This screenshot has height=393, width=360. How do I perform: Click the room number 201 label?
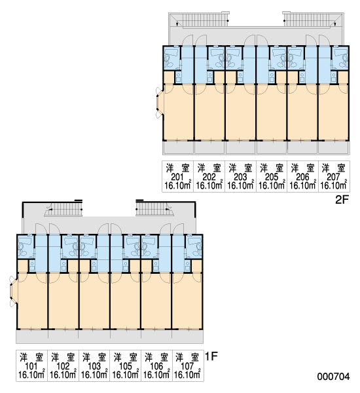click(177, 177)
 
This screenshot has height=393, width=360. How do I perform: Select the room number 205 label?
click(272, 177)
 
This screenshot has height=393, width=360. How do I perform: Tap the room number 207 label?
click(333, 177)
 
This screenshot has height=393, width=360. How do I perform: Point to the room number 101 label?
click(31, 366)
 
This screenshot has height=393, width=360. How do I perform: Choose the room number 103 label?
click(94, 366)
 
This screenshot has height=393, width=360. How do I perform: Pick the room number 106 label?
click(156, 366)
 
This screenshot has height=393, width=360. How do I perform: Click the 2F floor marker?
click(342, 200)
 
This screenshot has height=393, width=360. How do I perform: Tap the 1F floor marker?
click(211, 356)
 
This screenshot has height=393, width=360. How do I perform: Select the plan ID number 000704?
click(333, 377)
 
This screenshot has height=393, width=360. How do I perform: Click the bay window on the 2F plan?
click(159, 103)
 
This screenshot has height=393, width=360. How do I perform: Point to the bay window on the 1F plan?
click(13, 291)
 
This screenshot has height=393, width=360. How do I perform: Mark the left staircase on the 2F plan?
click(205, 20)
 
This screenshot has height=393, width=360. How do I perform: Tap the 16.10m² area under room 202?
click(209, 186)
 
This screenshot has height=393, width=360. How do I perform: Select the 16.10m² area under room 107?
click(187, 375)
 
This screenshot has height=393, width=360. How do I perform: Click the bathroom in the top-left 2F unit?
click(172, 58)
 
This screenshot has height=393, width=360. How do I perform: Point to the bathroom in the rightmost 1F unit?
click(194, 246)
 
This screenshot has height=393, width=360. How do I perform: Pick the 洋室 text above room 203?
click(240, 168)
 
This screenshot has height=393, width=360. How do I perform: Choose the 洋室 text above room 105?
click(125, 357)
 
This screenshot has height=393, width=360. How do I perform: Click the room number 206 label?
click(302, 177)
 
